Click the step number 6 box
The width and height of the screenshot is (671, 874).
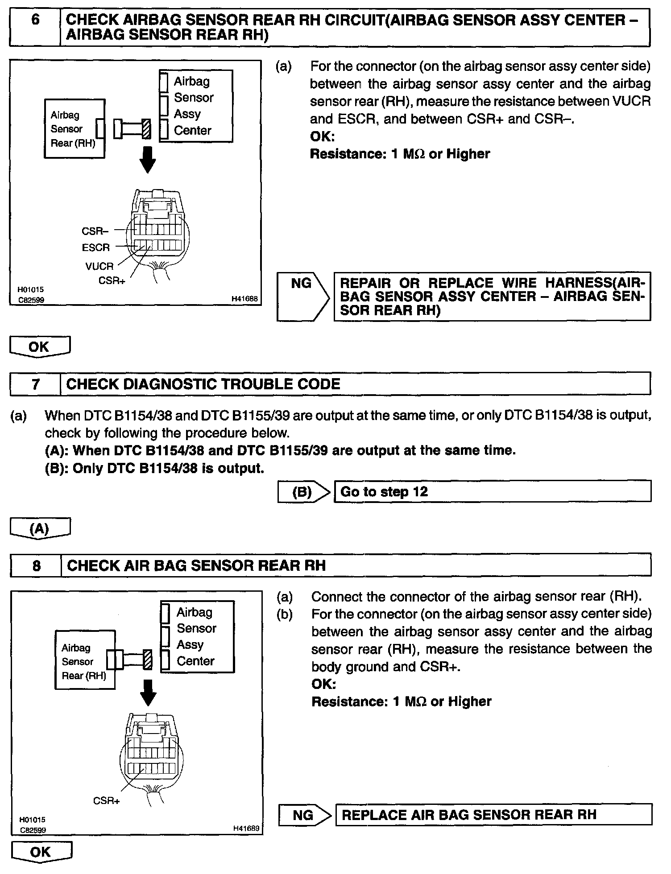click(x=35, y=28)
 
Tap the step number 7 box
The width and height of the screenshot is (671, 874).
click(x=35, y=384)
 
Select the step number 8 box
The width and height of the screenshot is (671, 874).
click(x=36, y=565)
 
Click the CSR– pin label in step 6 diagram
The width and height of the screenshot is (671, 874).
click(x=95, y=231)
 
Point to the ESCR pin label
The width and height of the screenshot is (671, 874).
click(x=96, y=247)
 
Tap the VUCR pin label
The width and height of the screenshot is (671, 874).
click(x=99, y=266)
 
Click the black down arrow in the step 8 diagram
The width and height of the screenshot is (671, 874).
click(x=149, y=693)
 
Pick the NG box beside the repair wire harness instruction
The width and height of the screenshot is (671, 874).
click(x=302, y=296)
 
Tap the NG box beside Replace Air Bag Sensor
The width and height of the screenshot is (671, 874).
click(x=303, y=815)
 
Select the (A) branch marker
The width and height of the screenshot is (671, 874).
click(x=39, y=528)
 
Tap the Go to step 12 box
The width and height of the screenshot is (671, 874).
click(x=492, y=492)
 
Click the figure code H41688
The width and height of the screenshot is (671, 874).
click(x=245, y=299)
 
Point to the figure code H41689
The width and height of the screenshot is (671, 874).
click(x=246, y=828)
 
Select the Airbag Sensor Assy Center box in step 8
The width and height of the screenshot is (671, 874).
click(x=197, y=636)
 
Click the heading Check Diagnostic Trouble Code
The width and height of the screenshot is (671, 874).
click(x=203, y=384)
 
